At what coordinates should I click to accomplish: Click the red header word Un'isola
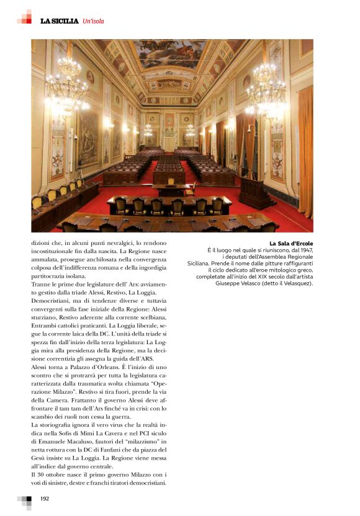coord(93,21)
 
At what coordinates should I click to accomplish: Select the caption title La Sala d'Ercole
coord(291,243)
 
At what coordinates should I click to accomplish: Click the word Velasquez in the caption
coord(294,284)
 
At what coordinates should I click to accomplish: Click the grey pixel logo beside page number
coord(25,500)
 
